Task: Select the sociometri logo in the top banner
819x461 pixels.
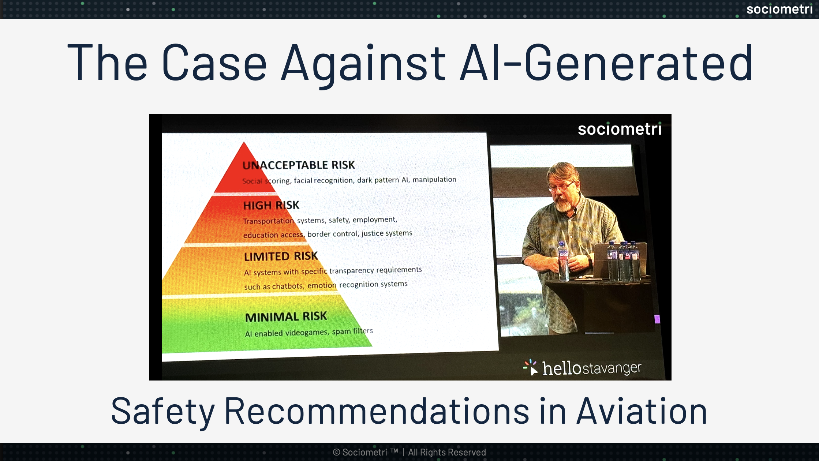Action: click(779, 9)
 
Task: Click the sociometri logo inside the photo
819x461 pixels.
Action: click(620, 129)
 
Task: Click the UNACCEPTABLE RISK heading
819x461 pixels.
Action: click(299, 165)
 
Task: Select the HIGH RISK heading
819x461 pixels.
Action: click(271, 205)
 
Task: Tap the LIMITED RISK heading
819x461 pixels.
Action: click(281, 256)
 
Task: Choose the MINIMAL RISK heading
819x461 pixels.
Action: click(286, 316)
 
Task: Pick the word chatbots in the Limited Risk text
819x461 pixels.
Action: click(288, 286)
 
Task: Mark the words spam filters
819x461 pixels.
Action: click(352, 331)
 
